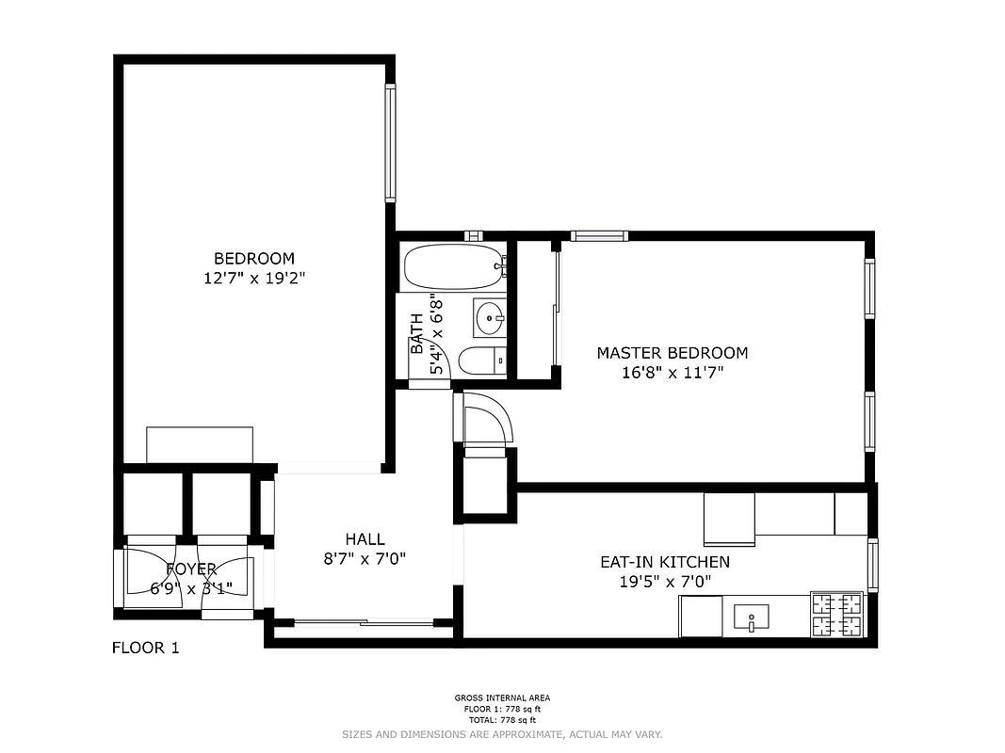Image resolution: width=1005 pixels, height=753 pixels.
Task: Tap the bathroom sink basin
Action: [x=490, y=317]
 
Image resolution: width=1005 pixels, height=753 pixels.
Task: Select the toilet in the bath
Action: [x=481, y=360]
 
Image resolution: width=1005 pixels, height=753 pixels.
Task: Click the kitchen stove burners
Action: [x=837, y=614]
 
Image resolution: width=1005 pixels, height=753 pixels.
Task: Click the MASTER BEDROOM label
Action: [x=672, y=353]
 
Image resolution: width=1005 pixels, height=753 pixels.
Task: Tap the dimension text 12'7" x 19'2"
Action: [x=254, y=278]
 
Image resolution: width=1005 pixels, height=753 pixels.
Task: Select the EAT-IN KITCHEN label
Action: [x=664, y=562]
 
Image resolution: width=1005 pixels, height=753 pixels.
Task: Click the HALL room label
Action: [x=365, y=539]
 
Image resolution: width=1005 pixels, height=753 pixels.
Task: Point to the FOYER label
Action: [x=191, y=569]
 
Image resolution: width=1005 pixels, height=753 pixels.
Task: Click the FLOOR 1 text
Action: [x=145, y=648]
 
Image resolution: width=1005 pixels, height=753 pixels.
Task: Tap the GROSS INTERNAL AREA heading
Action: [x=502, y=698]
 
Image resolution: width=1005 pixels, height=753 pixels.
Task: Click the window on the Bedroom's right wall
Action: [x=390, y=143]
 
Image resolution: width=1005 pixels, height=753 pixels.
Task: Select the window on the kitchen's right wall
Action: [x=872, y=565]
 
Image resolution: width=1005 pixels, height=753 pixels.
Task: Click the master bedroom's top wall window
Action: [x=599, y=235]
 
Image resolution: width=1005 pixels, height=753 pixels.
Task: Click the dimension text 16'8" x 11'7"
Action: [x=672, y=373]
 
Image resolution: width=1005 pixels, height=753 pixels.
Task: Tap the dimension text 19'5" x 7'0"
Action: [x=664, y=582]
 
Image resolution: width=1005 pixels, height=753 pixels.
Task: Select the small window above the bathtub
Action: [x=474, y=235]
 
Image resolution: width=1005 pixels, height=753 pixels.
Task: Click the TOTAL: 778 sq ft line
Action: [x=502, y=718]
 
